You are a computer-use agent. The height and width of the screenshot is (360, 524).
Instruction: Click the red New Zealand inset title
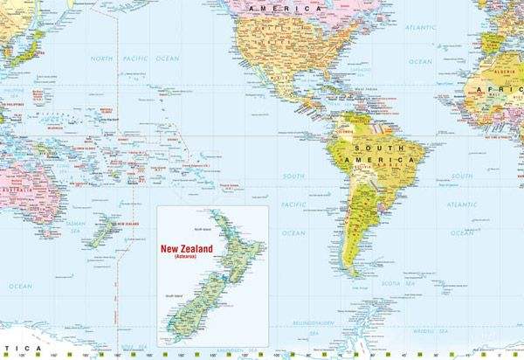(187, 248)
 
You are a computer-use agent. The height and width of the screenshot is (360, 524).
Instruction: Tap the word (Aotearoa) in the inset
(187, 258)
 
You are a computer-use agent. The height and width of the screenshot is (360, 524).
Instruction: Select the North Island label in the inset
(203, 230)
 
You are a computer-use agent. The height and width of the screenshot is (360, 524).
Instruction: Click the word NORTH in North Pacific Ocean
(102, 59)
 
